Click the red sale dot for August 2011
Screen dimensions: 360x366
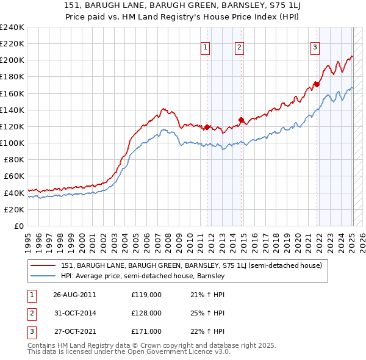(207, 127)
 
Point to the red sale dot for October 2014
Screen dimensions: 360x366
(241, 120)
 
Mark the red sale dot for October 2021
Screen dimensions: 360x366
(317, 84)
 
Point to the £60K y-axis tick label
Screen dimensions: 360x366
(14, 176)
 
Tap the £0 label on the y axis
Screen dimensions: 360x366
(19, 226)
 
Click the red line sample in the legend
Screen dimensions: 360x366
(43, 265)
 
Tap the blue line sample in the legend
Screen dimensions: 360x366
(43, 276)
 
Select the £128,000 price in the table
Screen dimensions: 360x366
(146, 312)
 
